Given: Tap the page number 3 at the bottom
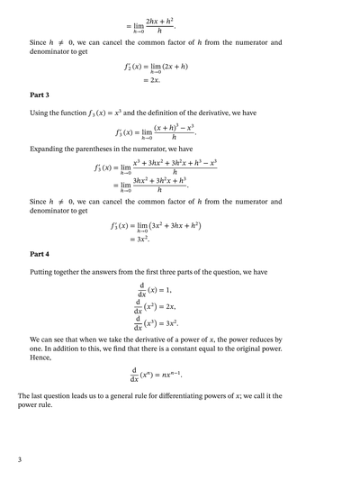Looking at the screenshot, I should [20, 460].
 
